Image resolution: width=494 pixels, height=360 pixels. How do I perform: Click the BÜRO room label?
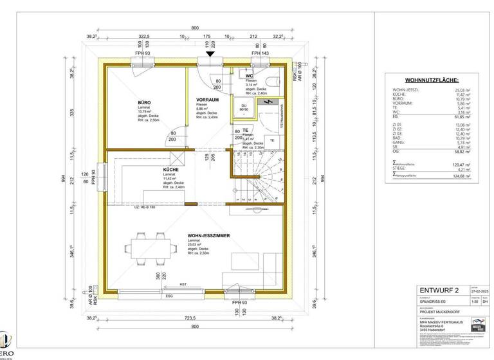tap(143, 102)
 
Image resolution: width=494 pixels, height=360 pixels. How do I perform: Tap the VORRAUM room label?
tap(208, 100)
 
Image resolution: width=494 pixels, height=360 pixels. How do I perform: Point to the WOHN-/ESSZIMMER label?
tap(210, 236)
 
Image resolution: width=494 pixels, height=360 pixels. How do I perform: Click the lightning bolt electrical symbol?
tap(270, 102)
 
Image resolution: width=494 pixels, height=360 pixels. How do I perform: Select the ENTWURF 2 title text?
tap(439, 290)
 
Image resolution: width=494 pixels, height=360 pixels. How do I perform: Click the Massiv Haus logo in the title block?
tap(478, 325)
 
